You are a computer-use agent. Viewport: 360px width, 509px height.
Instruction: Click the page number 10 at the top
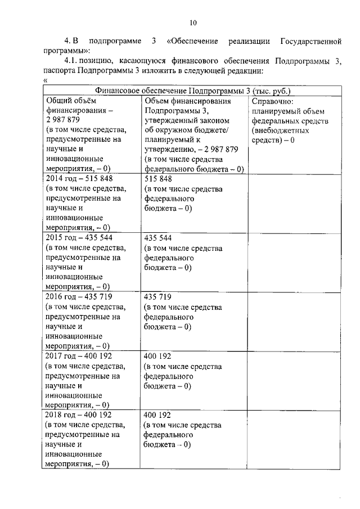(x=193, y=23)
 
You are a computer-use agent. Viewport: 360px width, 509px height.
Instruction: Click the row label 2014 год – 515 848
(x=76, y=178)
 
